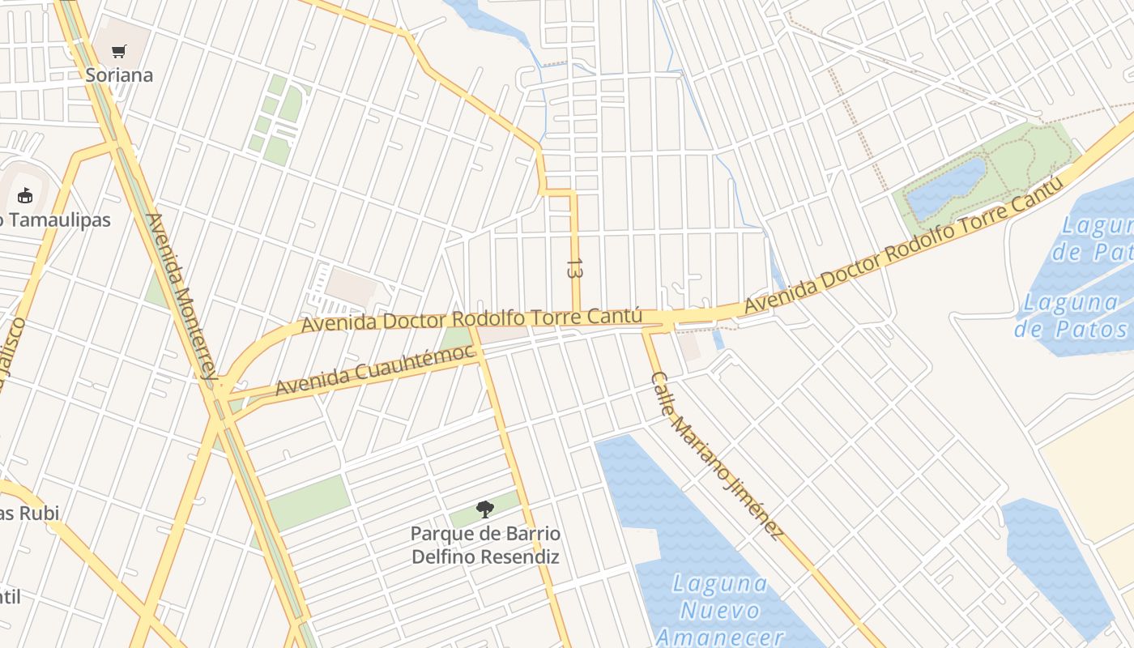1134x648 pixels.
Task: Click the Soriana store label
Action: (119, 75)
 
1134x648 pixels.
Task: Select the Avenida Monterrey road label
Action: (183, 296)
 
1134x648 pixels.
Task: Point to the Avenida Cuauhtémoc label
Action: (373, 369)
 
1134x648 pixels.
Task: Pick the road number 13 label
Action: (575, 269)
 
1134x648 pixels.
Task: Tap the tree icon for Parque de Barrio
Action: (485, 509)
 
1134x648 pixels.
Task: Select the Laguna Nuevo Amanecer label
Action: (720, 610)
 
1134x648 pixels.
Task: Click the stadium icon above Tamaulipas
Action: (25, 195)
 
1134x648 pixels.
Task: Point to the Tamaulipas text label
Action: (57, 220)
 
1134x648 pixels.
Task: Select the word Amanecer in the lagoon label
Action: (720, 637)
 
